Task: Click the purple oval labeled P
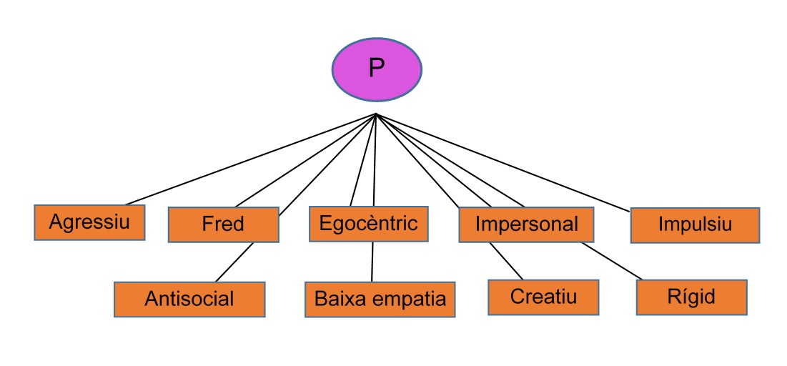click(377, 69)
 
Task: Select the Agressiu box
click(89, 222)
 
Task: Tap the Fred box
click(223, 224)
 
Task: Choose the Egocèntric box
click(368, 224)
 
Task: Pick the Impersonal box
click(526, 224)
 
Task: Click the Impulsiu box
click(695, 225)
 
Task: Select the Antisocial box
click(189, 299)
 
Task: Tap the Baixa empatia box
click(380, 299)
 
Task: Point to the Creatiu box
click(543, 297)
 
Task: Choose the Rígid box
click(691, 296)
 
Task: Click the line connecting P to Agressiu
click(250, 159)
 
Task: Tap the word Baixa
click(340, 299)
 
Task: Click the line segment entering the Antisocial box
click(234, 262)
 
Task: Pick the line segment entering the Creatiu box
click(506, 260)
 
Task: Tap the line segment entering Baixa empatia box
click(372, 262)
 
